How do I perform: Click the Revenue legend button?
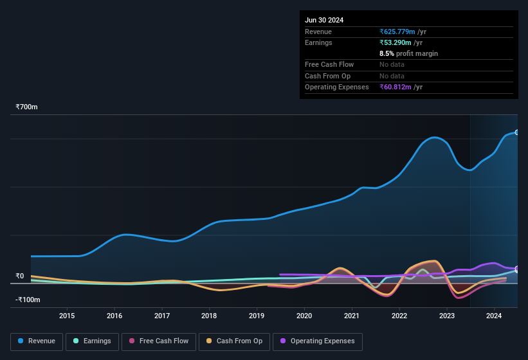(x=36, y=341)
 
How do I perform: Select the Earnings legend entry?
(x=91, y=341)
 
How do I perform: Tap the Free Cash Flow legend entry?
(x=158, y=341)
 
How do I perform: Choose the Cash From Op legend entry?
(x=234, y=341)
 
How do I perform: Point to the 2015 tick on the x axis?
(x=67, y=316)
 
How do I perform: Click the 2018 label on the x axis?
(x=209, y=316)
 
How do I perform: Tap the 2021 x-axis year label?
(x=352, y=316)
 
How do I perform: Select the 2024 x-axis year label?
(x=494, y=316)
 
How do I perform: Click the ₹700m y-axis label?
(x=27, y=107)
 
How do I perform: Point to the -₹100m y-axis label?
(x=28, y=300)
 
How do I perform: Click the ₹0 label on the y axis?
(x=20, y=276)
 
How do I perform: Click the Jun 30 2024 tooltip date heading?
(x=324, y=20)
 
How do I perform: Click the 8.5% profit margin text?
(x=408, y=53)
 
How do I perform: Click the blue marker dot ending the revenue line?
(x=516, y=132)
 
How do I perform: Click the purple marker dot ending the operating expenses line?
(x=516, y=269)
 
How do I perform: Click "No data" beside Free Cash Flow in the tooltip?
(x=393, y=64)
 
